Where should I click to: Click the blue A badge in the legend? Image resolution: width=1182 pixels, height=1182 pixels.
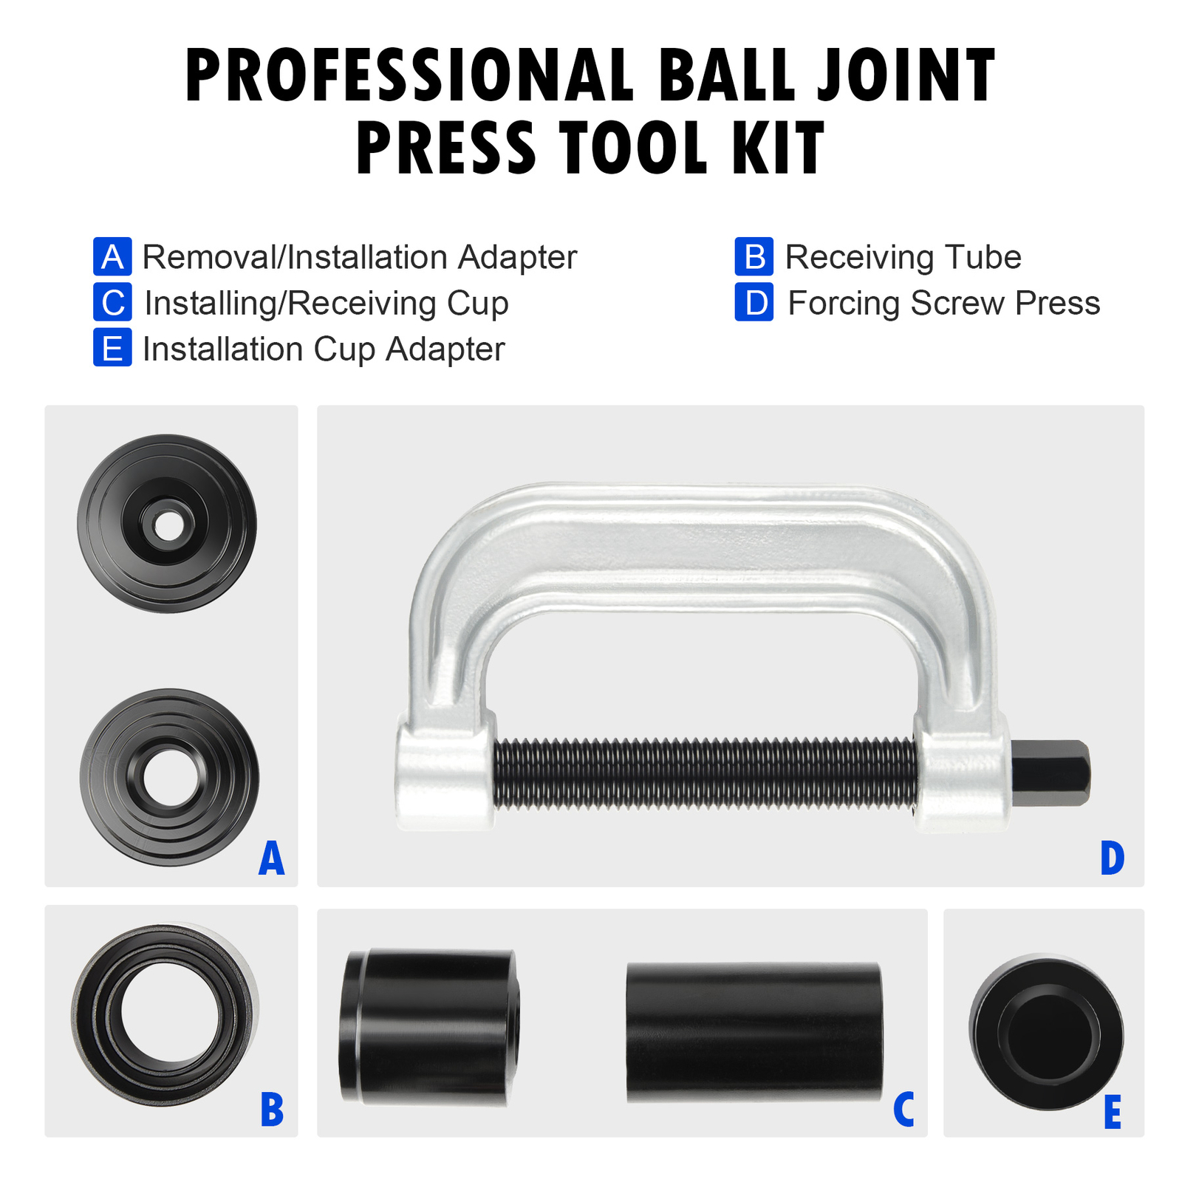coord(112,256)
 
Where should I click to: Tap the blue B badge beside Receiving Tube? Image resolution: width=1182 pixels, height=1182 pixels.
coord(754,256)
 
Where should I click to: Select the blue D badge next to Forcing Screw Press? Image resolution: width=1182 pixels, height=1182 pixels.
coord(754,302)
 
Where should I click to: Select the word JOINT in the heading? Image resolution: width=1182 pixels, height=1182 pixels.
coord(906,75)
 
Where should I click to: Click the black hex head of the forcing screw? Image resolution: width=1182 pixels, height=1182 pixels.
coord(1050,773)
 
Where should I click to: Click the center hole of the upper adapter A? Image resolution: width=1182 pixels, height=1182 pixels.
coord(168,526)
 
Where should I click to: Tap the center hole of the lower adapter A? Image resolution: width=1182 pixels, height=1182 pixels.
coord(171,778)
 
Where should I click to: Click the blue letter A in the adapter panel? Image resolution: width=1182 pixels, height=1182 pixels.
coord(271,858)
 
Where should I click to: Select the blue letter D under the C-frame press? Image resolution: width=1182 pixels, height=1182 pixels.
coord(1112,858)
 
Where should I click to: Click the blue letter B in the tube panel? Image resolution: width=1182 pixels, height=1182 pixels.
coord(272,1110)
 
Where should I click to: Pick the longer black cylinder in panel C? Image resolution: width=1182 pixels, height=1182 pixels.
coord(754,1032)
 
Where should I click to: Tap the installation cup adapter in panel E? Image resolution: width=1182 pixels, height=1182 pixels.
coord(1045,1032)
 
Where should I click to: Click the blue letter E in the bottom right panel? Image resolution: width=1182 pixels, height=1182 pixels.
coord(1112,1113)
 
